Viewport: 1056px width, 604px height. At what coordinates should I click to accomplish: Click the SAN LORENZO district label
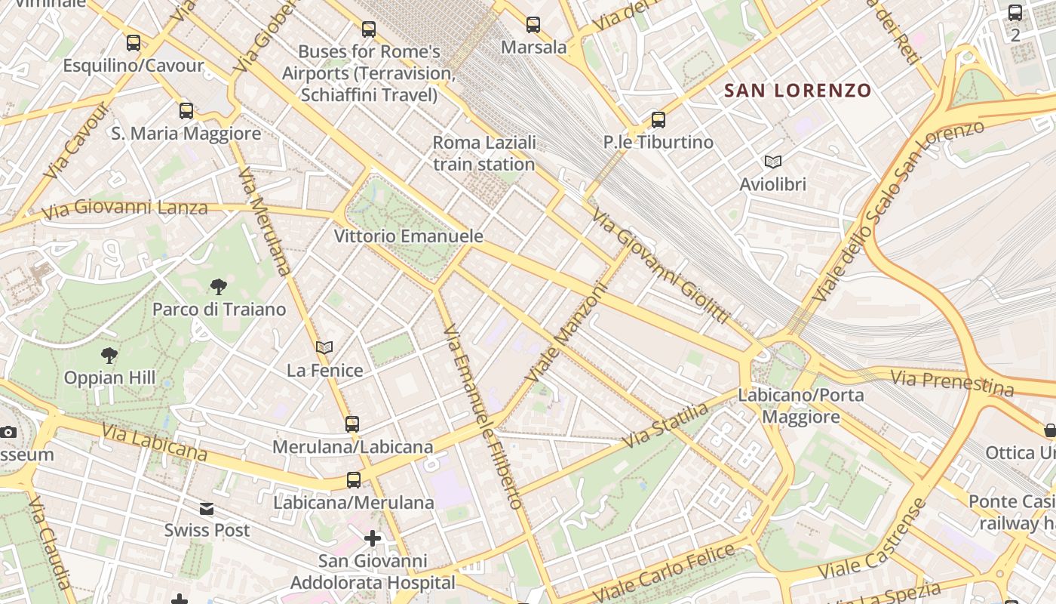[797, 91]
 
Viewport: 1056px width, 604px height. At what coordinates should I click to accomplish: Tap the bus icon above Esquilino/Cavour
[134, 43]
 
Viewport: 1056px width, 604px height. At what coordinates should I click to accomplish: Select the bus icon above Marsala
[533, 25]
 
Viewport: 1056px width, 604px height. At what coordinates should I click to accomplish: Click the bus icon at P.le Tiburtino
[658, 119]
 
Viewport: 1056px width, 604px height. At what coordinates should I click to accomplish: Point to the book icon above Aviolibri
[772, 162]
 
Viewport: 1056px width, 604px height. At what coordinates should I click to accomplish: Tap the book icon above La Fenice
[324, 348]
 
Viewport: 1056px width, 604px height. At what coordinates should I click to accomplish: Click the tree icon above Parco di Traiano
[219, 286]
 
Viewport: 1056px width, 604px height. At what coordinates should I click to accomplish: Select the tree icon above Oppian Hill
[109, 355]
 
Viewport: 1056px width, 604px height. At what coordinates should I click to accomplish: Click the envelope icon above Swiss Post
[207, 508]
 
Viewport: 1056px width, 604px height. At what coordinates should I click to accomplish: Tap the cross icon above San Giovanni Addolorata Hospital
[373, 538]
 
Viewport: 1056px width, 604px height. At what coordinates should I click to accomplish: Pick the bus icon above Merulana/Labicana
[352, 424]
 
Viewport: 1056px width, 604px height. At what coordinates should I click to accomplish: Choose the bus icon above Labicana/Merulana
[353, 479]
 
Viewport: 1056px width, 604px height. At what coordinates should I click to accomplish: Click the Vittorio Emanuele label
[408, 236]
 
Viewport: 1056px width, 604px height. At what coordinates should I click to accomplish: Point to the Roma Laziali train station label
[483, 153]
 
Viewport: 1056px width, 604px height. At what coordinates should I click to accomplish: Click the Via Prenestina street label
[951, 382]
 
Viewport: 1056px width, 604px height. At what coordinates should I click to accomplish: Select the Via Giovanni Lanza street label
[124, 208]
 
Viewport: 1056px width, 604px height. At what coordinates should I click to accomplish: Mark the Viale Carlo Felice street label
[663, 571]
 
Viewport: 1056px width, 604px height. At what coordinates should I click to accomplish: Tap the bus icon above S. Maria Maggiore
[186, 111]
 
